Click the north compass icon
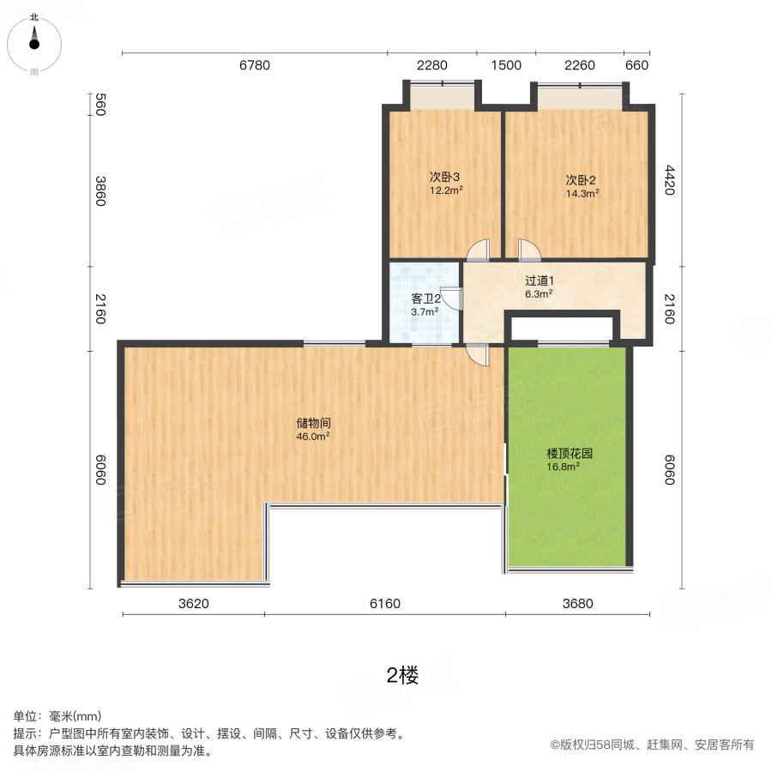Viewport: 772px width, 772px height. point(34,41)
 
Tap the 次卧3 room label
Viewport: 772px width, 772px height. point(446,178)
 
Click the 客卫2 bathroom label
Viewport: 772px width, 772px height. point(425,299)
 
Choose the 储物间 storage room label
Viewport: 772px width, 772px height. point(314,423)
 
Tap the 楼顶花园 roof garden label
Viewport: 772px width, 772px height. point(570,453)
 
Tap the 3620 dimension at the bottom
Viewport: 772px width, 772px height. point(194,603)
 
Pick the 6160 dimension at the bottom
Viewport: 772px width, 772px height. point(385,603)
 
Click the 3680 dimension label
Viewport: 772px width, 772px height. point(578,603)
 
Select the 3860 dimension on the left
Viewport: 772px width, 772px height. point(100,190)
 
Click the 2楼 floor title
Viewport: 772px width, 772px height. point(402,676)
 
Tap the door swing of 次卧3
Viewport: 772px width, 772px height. point(478,249)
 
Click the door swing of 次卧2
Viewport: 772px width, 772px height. point(530,249)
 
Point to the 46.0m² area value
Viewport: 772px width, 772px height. point(313,437)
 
